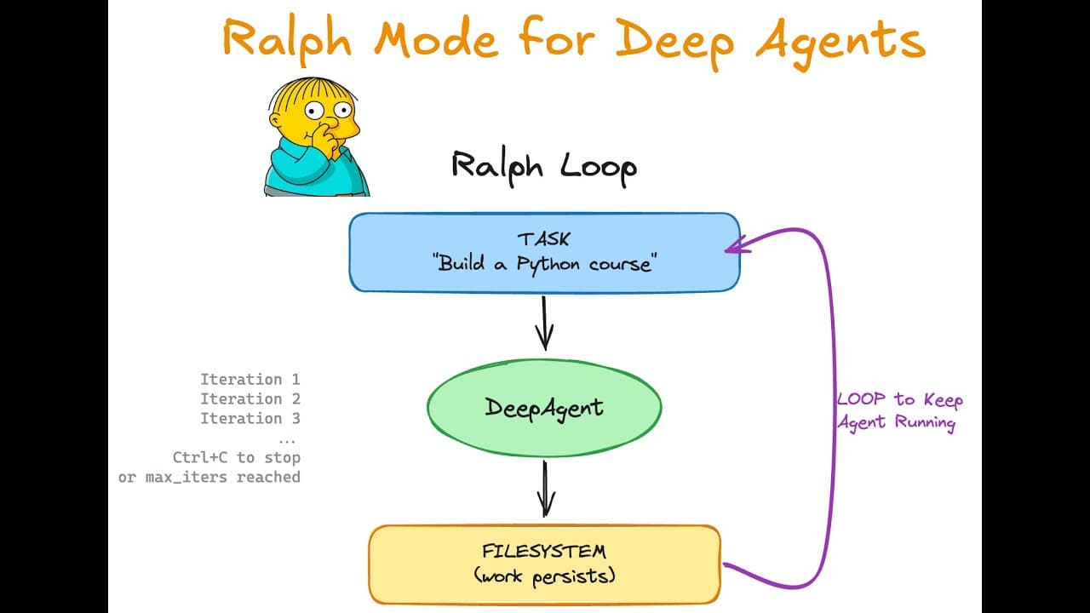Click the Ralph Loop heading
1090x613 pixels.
[x=543, y=165]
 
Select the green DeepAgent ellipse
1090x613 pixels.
[x=544, y=407]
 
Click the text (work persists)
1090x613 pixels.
[x=544, y=576]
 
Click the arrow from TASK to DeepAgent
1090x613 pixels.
[x=544, y=323]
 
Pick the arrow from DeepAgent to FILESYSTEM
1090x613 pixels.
[x=545, y=489]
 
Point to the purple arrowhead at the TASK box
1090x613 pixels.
[x=734, y=247]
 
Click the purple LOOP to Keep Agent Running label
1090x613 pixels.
[x=899, y=411]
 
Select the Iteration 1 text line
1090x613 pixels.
[x=250, y=380]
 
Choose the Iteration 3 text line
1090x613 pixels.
[x=250, y=419]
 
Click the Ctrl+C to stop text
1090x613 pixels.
[x=236, y=458]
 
